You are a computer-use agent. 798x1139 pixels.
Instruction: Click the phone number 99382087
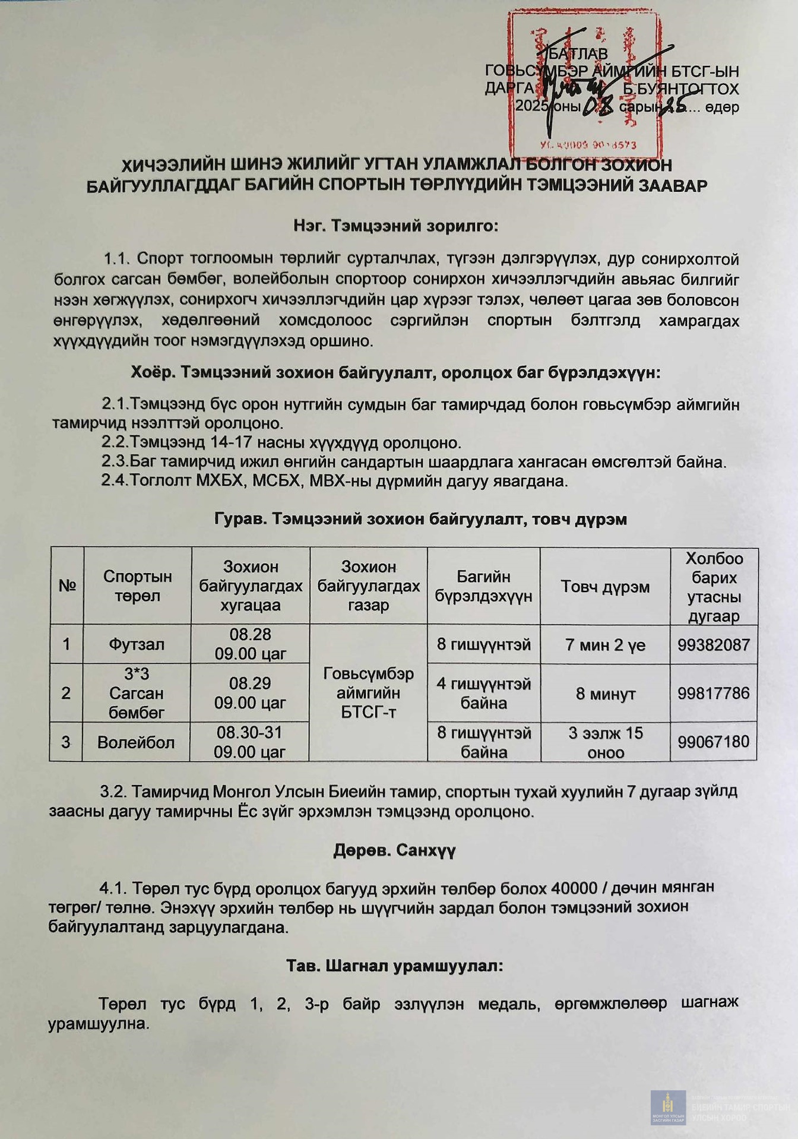tap(714, 645)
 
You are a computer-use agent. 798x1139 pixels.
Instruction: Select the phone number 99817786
tap(714, 693)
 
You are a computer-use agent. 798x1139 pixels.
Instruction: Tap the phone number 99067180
tap(714, 742)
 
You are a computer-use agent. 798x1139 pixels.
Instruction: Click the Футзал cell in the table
tap(137, 644)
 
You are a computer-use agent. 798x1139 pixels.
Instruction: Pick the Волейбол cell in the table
tap(136, 742)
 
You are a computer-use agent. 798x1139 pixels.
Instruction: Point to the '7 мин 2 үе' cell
tap(605, 645)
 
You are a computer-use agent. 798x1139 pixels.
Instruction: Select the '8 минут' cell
tap(606, 694)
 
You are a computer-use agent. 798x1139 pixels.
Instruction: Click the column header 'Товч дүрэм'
tap(605, 587)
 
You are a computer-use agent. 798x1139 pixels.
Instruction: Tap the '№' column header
tap(67, 586)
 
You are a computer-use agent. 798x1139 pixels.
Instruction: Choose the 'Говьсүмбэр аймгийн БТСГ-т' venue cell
tap(368, 692)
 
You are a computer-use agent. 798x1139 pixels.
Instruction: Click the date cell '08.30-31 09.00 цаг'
tap(249, 742)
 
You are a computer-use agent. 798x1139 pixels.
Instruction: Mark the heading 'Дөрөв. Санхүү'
tap(394, 850)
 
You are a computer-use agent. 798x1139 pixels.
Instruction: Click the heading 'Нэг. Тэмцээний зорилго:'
tap(395, 226)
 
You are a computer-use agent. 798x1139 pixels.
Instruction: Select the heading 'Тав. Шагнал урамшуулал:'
tap(394, 966)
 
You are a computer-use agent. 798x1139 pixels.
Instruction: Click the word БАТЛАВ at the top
tap(578, 53)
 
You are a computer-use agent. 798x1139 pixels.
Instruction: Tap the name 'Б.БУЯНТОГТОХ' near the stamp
tap(680, 89)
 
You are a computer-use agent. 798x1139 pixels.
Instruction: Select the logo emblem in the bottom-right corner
tap(668, 1107)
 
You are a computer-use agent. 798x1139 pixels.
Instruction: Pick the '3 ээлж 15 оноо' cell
tap(606, 742)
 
